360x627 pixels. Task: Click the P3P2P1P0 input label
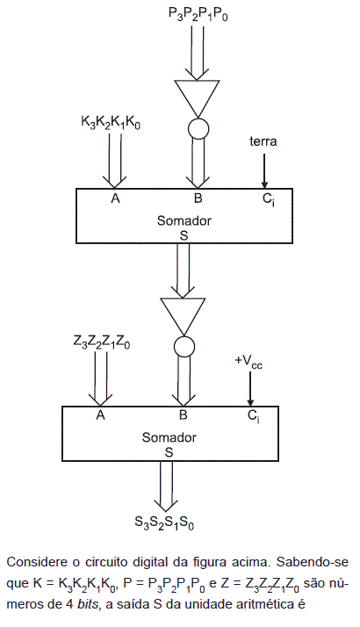pyautogui.click(x=198, y=15)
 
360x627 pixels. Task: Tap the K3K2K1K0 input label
pyautogui.click(x=111, y=123)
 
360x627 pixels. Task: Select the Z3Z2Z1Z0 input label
pyautogui.click(x=102, y=342)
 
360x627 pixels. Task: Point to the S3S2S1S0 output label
pyautogui.click(x=164, y=522)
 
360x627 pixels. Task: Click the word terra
pyautogui.click(x=263, y=141)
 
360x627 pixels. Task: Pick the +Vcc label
pyautogui.click(x=248, y=361)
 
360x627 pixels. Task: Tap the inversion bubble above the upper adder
pyautogui.click(x=198, y=128)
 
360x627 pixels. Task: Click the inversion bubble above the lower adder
pyautogui.click(x=184, y=346)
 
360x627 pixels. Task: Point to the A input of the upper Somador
pyautogui.click(x=115, y=198)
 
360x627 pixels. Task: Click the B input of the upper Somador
pyautogui.click(x=198, y=198)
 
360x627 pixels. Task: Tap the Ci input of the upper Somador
pyautogui.click(x=269, y=199)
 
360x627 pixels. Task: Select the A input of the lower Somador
pyautogui.click(x=100, y=416)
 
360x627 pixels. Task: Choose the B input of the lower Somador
pyautogui.click(x=184, y=416)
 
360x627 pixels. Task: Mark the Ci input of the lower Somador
pyautogui.click(x=254, y=416)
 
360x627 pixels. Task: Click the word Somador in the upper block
pyautogui.click(x=184, y=220)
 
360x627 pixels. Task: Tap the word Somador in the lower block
pyautogui.click(x=169, y=437)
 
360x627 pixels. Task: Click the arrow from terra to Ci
pyautogui.click(x=264, y=170)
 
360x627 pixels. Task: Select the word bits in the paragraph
pyautogui.click(x=88, y=604)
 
